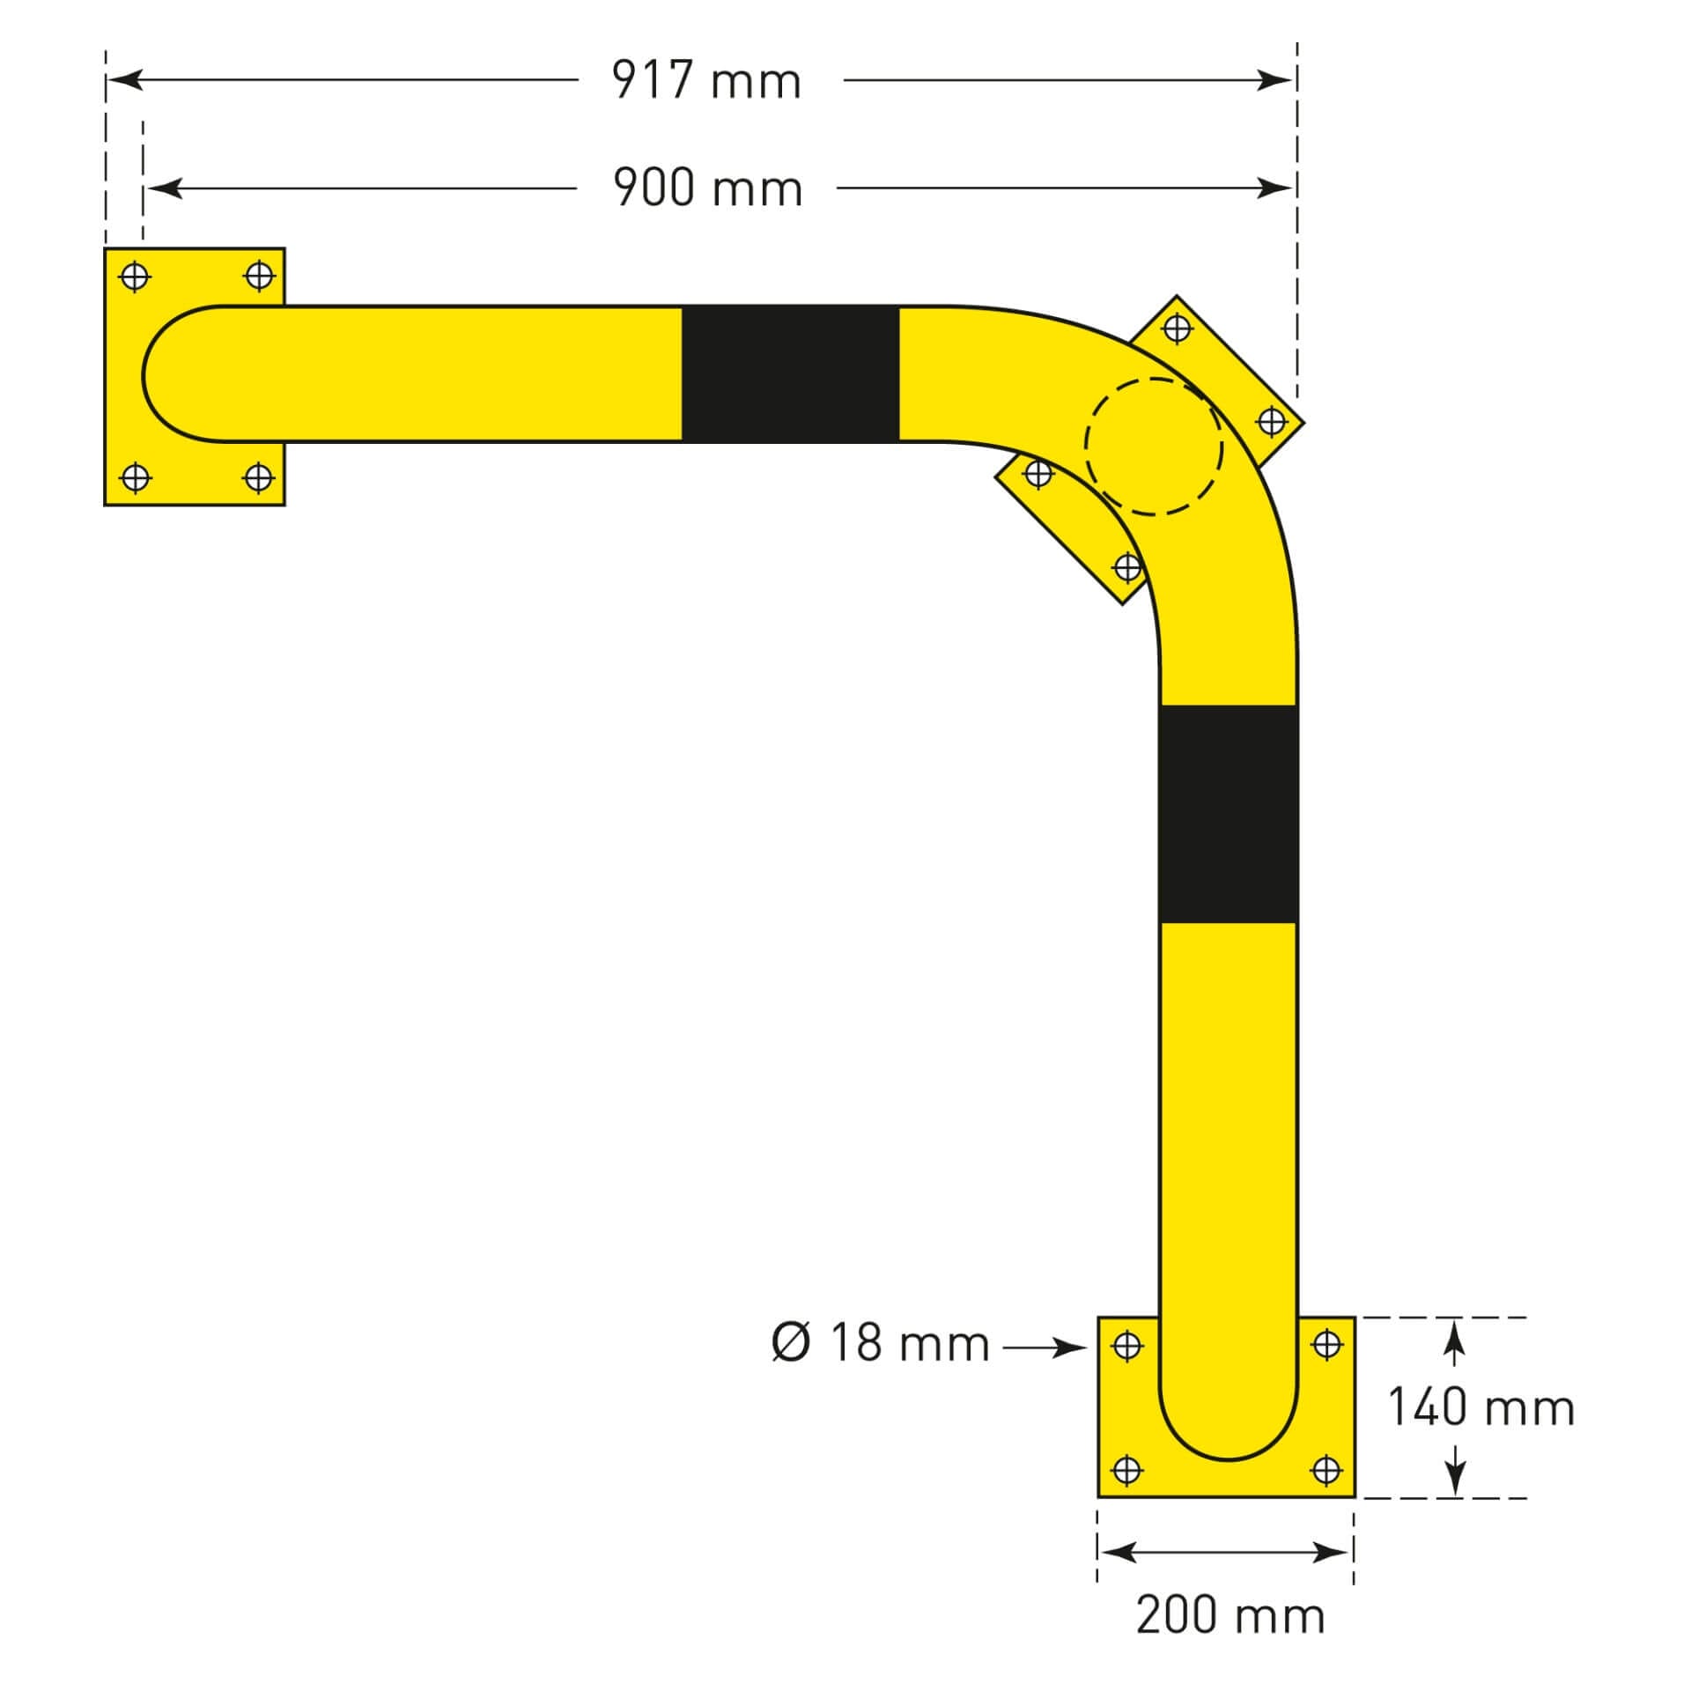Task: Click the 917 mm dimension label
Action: tap(707, 80)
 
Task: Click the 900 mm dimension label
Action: tap(707, 188)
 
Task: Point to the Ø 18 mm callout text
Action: tap(880, 1343)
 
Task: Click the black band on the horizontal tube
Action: tap(790, 373)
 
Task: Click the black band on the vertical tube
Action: tap(1228, 814)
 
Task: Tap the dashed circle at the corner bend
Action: tap(1154, 447)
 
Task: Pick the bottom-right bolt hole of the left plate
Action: tap(258, 478)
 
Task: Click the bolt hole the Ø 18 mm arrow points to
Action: tap(1127, 1345)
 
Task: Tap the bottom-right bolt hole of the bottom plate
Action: tap(1326, 1469)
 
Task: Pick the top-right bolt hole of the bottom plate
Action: tap(1326, 1345)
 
